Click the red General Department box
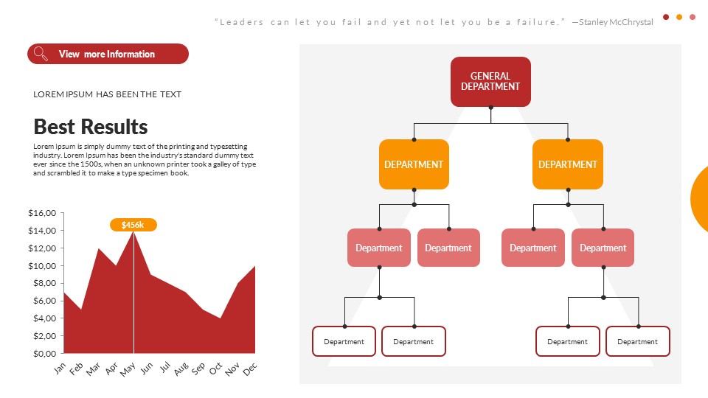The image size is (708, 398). tap(490, 81)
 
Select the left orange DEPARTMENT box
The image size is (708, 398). tap(414, 164)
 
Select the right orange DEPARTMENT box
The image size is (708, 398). tap(568, 164)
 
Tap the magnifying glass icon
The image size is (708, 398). tap(41, 54)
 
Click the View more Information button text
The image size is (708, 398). tap(107, 54)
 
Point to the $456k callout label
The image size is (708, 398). tap(133, 225)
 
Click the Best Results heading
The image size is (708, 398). tap(91, 126)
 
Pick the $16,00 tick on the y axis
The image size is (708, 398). tap(42, 213)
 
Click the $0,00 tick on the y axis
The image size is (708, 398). tap(42, 353)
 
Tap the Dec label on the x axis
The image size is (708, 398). tap(250, 368)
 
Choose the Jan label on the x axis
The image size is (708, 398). tap(60, 368)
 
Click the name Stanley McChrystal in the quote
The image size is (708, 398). tap(616, 22)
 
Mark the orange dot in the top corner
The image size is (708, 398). tap(679, 17)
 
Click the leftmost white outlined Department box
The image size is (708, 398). tap(344, 341)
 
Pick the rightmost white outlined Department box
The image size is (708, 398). tap(637, 341)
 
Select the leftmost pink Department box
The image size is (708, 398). tap(379, 248)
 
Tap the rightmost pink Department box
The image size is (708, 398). tap(603, 248)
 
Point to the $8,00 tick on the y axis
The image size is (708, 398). tap(42, 283)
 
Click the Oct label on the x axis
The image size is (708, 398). tap(215, 368)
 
